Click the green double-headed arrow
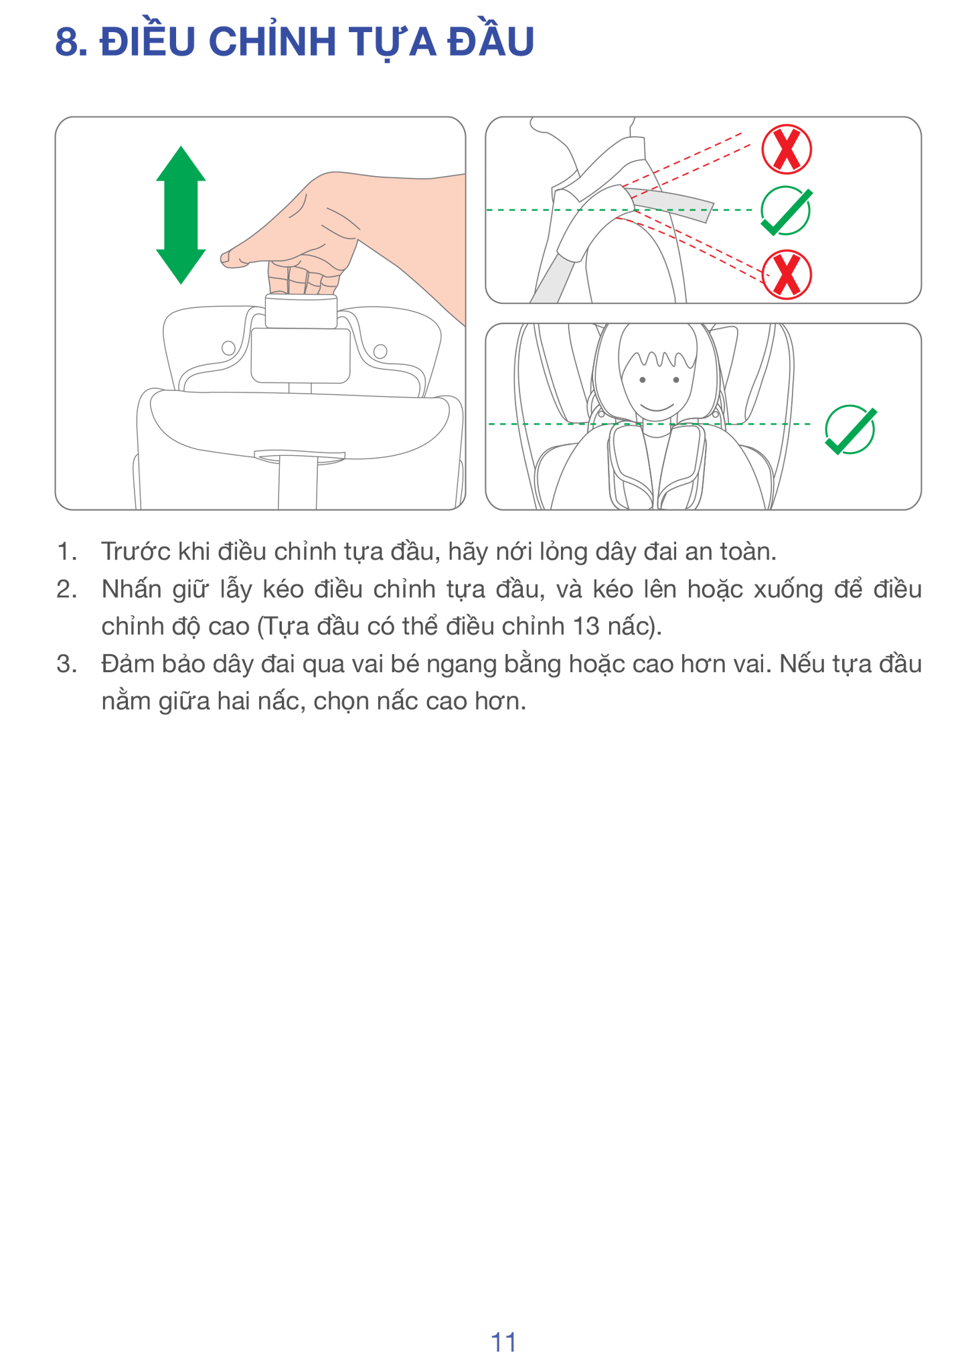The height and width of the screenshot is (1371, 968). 181,215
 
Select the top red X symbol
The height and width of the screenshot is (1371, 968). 787,149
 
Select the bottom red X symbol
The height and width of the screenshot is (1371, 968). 787,274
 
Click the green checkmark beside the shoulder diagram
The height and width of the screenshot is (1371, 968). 787,212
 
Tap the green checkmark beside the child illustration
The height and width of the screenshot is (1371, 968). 850,430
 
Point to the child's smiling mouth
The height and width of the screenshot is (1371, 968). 657,407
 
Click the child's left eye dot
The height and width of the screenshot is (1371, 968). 643,380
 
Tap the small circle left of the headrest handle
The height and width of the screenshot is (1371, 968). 228,347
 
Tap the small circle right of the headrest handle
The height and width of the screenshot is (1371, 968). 380,351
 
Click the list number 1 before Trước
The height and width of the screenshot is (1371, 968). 65,552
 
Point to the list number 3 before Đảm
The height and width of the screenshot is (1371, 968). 66,664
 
